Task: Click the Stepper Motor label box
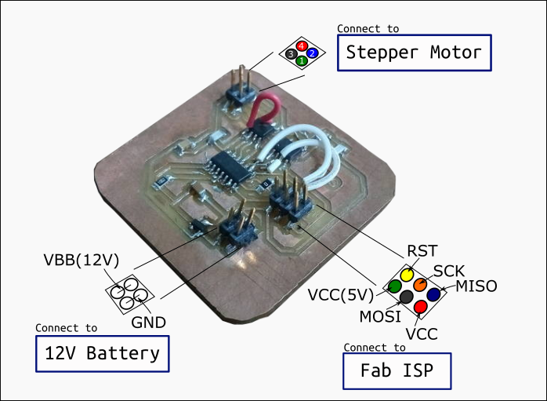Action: tap(414, 53)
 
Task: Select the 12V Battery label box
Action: tap(103, 352)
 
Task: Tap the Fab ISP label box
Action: tap(397, 370)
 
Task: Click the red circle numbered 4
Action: tap(302, 46)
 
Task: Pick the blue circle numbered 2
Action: tap(312, 53)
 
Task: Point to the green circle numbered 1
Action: tap(301, 60)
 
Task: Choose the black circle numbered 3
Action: tap(291, 53)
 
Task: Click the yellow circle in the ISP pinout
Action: tap(408, 275)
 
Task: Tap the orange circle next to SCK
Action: tap(421, 284)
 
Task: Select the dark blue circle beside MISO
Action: tap(433, 294)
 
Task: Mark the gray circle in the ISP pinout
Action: tap(407, 297)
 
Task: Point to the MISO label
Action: tap(476, 286)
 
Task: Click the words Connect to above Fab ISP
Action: tap(375, 347)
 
